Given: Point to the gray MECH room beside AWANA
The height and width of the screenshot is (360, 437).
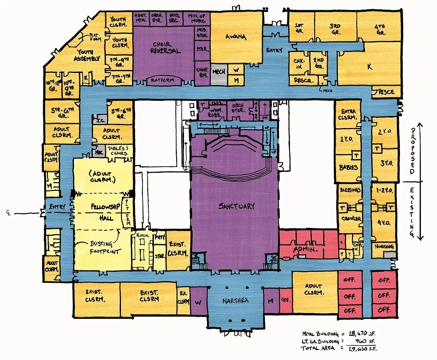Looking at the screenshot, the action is (219, 72).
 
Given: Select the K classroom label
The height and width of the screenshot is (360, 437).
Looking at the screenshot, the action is (369, 67).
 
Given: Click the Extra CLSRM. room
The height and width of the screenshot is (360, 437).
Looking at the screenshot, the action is (348, 115).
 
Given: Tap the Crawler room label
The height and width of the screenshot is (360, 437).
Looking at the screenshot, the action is (351, 219).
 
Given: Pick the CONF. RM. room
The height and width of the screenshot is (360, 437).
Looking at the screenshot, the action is (202, 73).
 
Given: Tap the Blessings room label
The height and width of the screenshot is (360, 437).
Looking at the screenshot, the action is (350, 190).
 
